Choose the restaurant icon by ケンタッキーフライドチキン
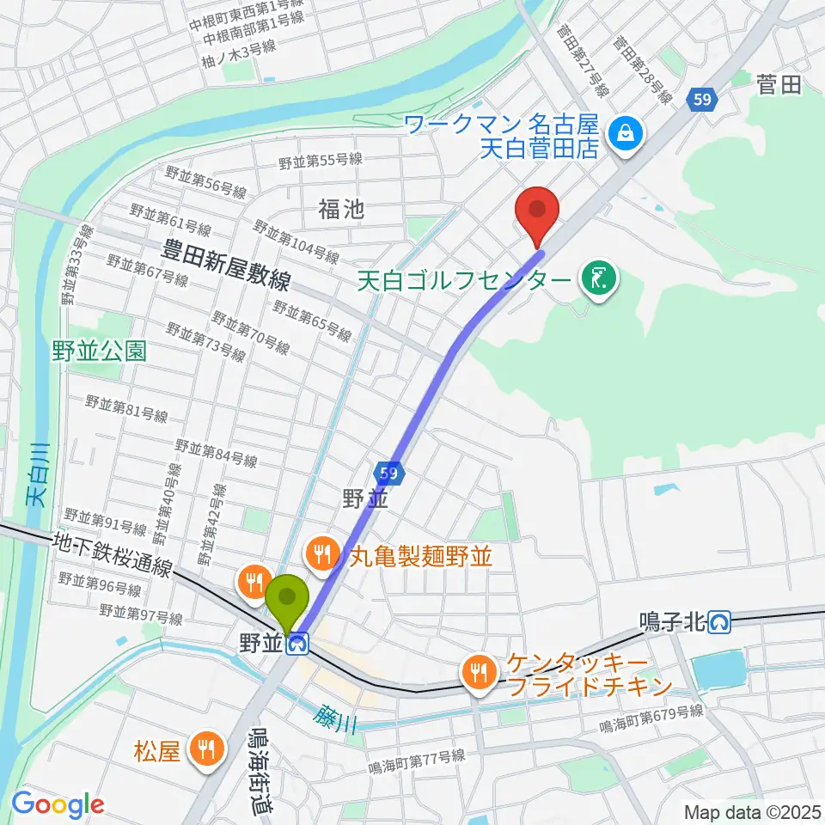(476, 672)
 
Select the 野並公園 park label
(99, 350)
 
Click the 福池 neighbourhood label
(341, 208)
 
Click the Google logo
(58, 804)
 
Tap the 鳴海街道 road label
(258, 769)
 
